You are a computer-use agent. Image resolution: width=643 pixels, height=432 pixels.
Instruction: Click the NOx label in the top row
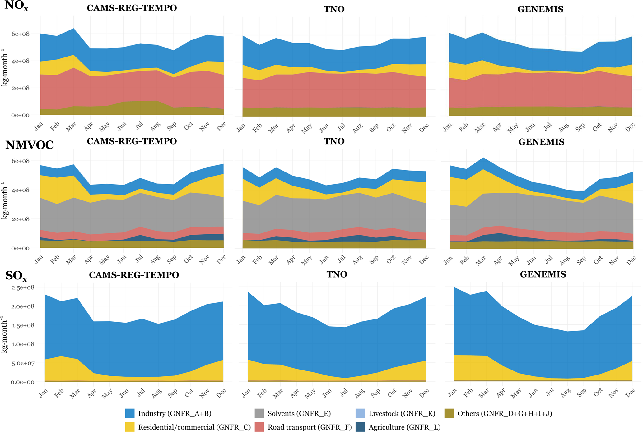tap(16, 6)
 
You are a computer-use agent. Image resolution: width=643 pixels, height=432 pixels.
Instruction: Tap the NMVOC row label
tap(30, 145)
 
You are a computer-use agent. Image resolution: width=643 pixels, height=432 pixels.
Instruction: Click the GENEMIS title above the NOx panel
tap(540, 9)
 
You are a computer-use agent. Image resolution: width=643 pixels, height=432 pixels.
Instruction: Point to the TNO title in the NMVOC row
tap(334, 141)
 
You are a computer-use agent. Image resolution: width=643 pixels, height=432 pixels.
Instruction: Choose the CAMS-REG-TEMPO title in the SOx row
tap(134, 275)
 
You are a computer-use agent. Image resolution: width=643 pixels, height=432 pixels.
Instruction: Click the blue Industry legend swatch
tap(130, 413)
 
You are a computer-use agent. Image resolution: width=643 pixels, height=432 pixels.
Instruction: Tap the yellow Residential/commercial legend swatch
tap(130, 427)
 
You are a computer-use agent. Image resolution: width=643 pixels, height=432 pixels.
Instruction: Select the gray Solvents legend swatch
tap(259, 413)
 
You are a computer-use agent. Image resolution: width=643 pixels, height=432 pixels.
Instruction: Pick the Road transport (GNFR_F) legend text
tap(310, 427)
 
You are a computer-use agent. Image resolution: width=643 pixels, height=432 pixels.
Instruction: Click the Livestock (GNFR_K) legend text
tap(402, 414)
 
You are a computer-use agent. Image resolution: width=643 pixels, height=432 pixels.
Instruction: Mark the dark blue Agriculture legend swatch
tap(360, 427)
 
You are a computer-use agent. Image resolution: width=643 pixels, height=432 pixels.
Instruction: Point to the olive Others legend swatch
tap(449, 413)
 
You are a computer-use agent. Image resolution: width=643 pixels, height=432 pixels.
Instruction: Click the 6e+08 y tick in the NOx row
tap(21, 34)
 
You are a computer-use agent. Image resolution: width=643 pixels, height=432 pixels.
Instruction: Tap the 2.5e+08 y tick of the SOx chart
tap(22, 287)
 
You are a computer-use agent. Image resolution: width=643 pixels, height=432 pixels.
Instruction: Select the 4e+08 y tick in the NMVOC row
tap(21, 190)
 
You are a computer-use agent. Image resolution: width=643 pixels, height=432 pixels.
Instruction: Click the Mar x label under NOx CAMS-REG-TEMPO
tap(71, 126)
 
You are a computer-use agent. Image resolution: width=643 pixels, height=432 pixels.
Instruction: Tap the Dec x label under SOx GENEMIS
tap(630, 393)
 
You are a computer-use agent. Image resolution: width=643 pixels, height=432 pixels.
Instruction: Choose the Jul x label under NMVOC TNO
tap(342, 259)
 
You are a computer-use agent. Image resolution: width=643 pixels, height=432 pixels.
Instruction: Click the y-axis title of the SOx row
tap(4, 334)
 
